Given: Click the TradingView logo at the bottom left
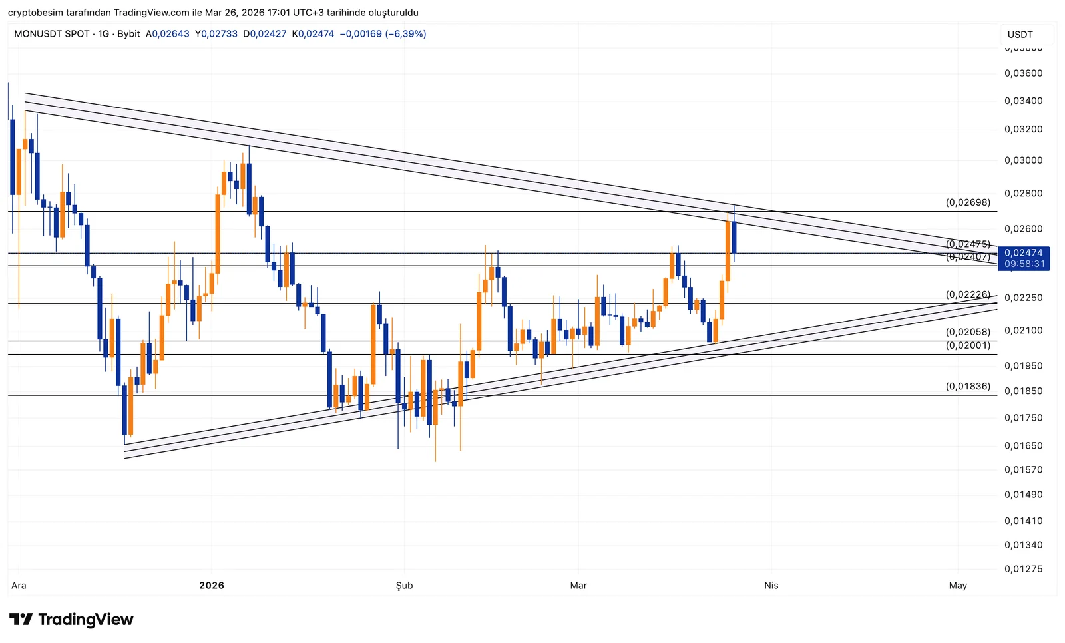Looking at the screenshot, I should point(71,620).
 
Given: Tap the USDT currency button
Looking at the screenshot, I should point(1020,35).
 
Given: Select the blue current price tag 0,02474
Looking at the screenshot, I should point(1023,253).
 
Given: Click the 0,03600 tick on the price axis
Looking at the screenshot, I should point(1023,73).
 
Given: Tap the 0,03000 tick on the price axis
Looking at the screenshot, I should point(1023,160).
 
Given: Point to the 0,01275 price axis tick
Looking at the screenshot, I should point(1023,569).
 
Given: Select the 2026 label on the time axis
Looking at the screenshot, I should point(212,586).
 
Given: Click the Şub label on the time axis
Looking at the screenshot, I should point(404,586).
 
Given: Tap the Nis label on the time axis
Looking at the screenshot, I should point(771,586).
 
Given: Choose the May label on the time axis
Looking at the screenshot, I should point(957,586).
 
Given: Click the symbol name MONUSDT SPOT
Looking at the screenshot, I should point(51,34).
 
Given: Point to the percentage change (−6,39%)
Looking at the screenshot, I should point(405,34).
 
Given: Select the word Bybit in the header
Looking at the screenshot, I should point(128,34).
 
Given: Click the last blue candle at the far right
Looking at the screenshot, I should point(734,236).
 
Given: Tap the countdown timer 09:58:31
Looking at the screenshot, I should point(1024,264).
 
